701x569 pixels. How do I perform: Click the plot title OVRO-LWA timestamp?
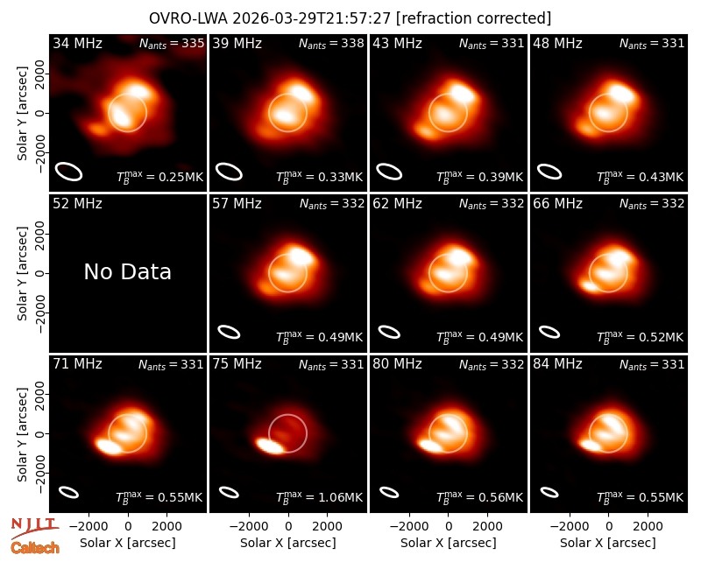[350, 18]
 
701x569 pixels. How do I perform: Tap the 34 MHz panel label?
[77, 43]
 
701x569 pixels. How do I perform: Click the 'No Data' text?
[127, 272]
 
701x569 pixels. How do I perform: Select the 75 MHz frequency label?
[237, 364]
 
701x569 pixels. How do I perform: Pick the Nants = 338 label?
[331, 43]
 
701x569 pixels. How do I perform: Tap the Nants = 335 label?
[172, 43]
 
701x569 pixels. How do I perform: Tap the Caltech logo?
[35, 548]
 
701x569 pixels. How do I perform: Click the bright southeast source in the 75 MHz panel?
[270, 446]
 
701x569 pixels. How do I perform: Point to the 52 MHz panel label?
[77, 204]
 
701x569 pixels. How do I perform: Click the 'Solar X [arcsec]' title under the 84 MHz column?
[608, 543]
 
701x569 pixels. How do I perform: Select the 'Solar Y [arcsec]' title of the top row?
[22, 113]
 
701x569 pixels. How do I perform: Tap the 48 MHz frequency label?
[557, 43]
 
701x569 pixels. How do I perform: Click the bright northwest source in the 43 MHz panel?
[463, 93]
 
